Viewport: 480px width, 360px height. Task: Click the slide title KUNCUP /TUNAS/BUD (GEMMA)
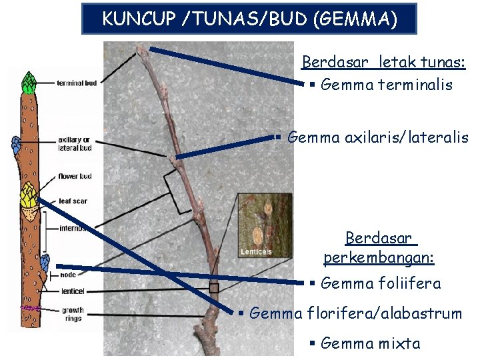tap(249, 19)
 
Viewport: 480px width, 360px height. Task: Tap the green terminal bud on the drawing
tap(29, 83)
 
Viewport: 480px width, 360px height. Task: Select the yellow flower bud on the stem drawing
tap(29, 195)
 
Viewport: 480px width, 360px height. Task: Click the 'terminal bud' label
tap(77, 83)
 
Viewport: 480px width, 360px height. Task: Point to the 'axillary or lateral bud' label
tap(75, 144)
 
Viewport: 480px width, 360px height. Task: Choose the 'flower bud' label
tap(75, 177)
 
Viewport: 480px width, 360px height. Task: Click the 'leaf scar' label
tap(73, 201)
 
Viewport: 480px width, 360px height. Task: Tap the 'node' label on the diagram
tap(67, 275)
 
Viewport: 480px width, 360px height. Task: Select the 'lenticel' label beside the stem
tap(71, 291)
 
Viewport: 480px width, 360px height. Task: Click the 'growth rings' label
tap(73, 314)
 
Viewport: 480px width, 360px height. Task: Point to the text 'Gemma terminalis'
tap(386, 85)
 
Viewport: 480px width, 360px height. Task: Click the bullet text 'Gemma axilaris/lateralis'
tap(377, 137)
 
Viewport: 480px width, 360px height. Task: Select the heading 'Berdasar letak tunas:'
tap(383, 63)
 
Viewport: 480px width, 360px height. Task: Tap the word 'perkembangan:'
tap(379, 257)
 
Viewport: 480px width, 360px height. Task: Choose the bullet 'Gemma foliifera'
tap(381, 283)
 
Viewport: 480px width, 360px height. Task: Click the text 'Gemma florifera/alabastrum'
tap(355, 313)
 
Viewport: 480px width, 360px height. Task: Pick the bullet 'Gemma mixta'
tap(370, 343)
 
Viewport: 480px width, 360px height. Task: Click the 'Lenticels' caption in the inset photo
tap(256, 252)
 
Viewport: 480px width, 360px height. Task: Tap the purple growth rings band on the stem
tap(30, 309)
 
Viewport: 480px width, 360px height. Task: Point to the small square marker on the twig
tap(214, 288)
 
